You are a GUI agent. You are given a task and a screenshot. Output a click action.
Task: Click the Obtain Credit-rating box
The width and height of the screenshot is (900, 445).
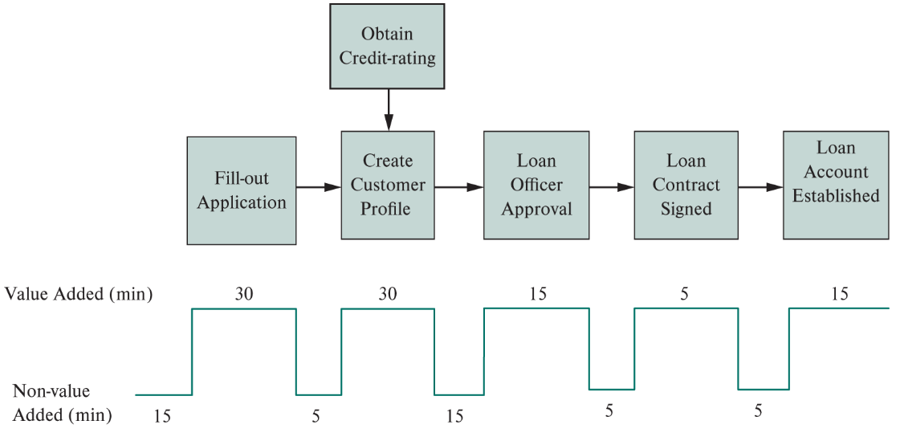[387, 46]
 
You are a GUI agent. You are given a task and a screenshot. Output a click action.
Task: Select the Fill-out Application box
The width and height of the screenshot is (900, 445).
[242, 190]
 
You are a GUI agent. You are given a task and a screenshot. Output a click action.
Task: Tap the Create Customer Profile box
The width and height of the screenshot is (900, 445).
[388, 185]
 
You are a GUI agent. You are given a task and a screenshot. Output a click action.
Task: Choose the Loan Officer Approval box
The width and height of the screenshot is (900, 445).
[536, 185]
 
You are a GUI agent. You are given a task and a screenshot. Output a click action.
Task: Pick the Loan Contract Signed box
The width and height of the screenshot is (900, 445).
[686, 185]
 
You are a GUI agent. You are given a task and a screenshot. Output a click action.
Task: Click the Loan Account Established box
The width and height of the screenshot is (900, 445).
[836, 184]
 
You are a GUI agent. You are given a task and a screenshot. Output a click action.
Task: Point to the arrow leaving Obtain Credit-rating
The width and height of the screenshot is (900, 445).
[389, 109]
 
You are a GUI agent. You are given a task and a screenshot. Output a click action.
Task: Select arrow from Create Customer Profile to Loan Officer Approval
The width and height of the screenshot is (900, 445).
[458, 187]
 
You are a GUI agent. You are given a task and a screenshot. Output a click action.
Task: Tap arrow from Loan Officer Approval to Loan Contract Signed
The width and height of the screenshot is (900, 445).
[611, 187]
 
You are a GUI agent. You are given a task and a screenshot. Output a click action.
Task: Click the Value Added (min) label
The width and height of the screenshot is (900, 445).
[79, 294]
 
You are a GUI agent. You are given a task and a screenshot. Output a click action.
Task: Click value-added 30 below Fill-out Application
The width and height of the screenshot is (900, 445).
[244, 294]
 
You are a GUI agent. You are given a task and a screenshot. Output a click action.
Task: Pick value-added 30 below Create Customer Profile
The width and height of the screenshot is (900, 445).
[388, 294]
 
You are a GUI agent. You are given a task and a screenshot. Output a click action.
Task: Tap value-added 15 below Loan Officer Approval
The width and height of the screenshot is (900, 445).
[538, 294]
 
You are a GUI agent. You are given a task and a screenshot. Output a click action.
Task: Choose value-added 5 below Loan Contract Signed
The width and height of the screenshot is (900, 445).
[684, 294]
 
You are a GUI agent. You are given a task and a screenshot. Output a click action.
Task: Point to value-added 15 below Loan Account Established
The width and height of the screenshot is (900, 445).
[839, 294]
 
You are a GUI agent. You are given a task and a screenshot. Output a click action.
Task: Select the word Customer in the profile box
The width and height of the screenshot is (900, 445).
[388, 185]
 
